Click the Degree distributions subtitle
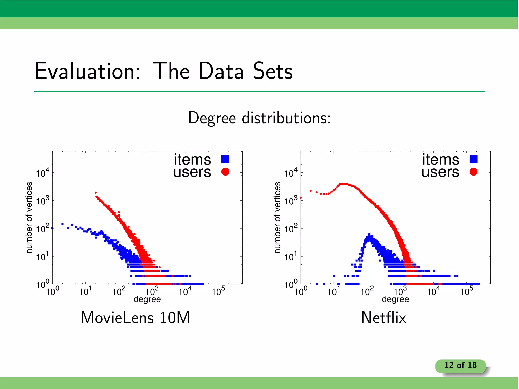259,118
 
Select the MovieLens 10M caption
135,318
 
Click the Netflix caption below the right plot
384,318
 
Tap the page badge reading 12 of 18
460,365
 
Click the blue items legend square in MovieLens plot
225,159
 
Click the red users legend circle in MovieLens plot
225,172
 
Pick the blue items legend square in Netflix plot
473,159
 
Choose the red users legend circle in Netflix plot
473,172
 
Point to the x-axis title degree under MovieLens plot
147,299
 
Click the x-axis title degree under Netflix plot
395,299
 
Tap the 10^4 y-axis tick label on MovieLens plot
42,173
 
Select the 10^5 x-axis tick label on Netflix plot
467,291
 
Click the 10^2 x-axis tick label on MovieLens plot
119,291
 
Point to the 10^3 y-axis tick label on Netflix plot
291,201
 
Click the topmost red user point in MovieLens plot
96,193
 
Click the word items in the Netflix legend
440,160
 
